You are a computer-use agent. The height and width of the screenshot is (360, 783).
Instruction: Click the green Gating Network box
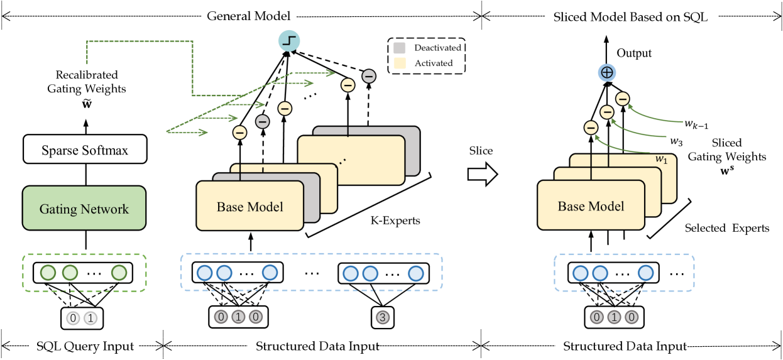[84, 209]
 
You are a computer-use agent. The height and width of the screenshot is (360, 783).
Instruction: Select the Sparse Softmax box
[84, 151]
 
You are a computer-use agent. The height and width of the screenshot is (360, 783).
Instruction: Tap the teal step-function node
[289, 41]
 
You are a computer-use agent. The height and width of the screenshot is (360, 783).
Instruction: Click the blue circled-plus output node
[606, 74]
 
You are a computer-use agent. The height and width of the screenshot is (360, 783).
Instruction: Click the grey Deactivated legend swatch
[400, 48]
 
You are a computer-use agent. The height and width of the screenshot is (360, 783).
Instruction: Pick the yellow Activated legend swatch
[400, 63]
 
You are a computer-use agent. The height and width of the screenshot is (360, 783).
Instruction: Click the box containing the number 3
[381, 317]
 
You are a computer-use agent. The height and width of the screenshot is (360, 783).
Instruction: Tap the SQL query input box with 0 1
[82, 318]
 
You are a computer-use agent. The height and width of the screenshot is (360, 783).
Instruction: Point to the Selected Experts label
[726, 228]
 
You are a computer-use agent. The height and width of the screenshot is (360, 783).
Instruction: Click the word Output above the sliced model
[633, 53]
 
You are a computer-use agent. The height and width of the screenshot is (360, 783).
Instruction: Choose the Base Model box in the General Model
[250, 206]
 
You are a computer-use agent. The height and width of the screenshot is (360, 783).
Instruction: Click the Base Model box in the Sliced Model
[591, 206]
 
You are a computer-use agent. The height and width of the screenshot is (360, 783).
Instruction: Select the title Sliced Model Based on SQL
[630, 17]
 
